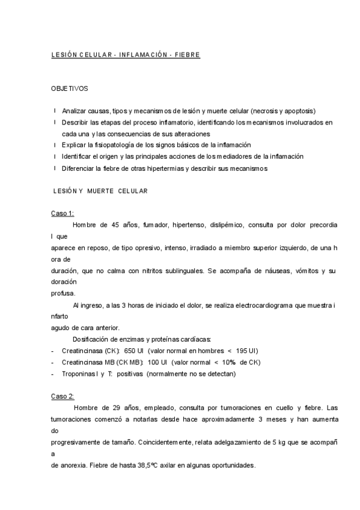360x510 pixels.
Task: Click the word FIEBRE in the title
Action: [187, 55]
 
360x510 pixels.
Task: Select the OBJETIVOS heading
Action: [69, 88]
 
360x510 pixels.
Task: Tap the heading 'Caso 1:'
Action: [62, 213]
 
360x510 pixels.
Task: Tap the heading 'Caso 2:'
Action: [62, 397]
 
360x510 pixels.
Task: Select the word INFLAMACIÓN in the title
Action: [142, 55]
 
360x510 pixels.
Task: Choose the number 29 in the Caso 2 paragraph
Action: [118, 409]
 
